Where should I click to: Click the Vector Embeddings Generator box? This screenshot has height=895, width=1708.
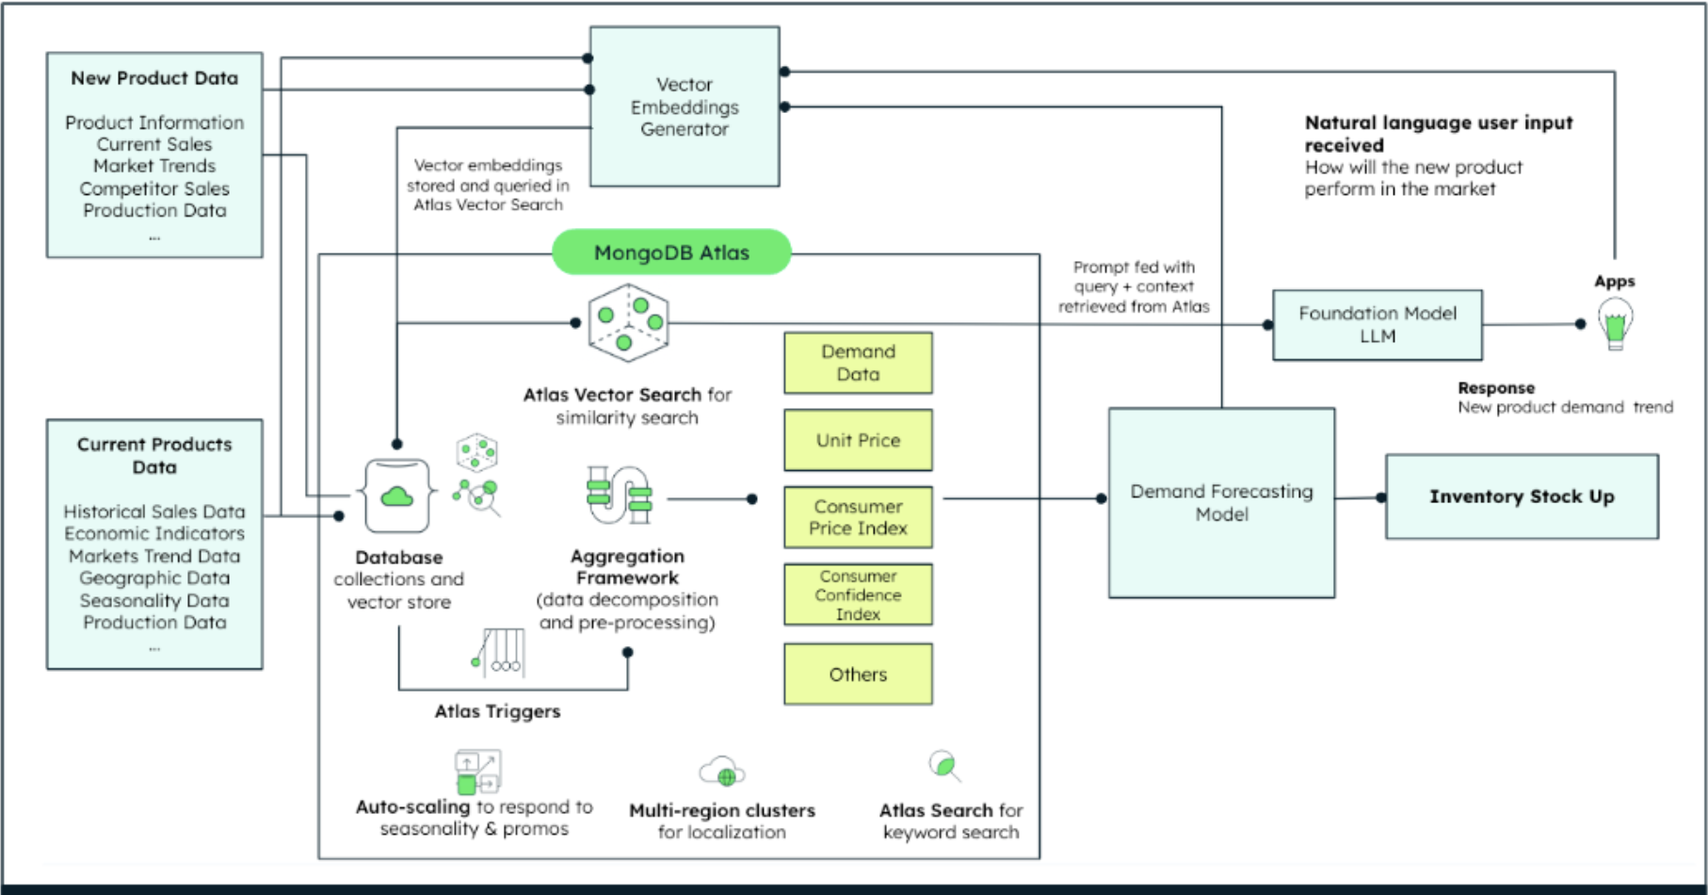[x=685, y=106]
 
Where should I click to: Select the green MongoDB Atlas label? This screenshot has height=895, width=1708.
[x=671, y=252]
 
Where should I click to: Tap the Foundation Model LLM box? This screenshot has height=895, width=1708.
[x=1377, y=325]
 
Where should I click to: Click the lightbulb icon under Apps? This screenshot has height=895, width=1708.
[x=1615, y=323]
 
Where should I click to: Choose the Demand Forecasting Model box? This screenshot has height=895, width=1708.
[x=1221, y=503]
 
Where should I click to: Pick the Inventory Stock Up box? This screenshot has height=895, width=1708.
[x=1521, y=496]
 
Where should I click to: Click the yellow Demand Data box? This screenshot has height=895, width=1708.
[x=858, y=363]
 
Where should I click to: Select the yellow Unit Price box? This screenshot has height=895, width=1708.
[x=858, y=440]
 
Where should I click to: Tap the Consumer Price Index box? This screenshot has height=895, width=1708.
[x=858, y=517]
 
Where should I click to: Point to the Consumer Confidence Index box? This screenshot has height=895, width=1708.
[x=858, y=594]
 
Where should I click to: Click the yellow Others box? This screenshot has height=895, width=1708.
[x=858, y=675]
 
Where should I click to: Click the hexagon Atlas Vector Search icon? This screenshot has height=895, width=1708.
[x=628, y=323]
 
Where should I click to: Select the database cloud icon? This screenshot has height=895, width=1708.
[x=396, y=496]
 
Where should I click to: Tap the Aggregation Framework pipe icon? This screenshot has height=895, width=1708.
[x=619, y=495]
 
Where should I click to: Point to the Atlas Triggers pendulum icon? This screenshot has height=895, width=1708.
[x=500, y=653]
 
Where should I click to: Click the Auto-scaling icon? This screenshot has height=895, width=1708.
[x=477, y=772]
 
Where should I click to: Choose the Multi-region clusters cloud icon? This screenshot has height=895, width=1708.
[x=722, y=772]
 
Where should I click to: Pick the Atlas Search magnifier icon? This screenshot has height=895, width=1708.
[x=944, y=765]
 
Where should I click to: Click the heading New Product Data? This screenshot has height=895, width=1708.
[x=154, y=78]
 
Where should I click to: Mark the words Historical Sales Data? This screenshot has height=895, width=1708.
[x=154, y=512]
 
